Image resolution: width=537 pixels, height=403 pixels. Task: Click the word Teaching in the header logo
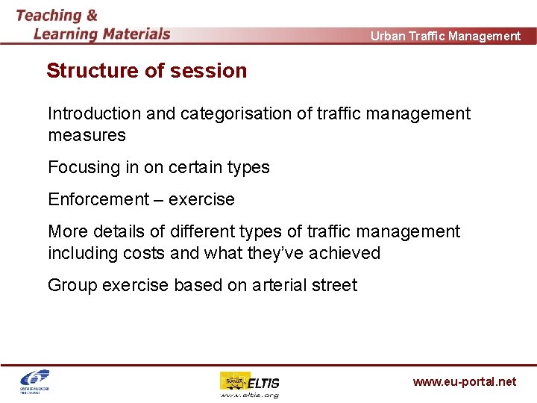(48, 15)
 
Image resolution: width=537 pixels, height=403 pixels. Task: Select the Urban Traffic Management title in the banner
(445, 36)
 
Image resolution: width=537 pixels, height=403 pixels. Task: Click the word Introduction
(94, 113)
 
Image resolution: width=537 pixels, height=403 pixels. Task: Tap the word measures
(87, 135)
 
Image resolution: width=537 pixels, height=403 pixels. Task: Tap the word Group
(72, 285)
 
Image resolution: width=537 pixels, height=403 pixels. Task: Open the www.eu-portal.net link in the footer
(464, 381)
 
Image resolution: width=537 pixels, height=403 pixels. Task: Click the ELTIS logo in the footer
(249, 384)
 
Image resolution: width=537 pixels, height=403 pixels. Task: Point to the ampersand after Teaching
(92, 15)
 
